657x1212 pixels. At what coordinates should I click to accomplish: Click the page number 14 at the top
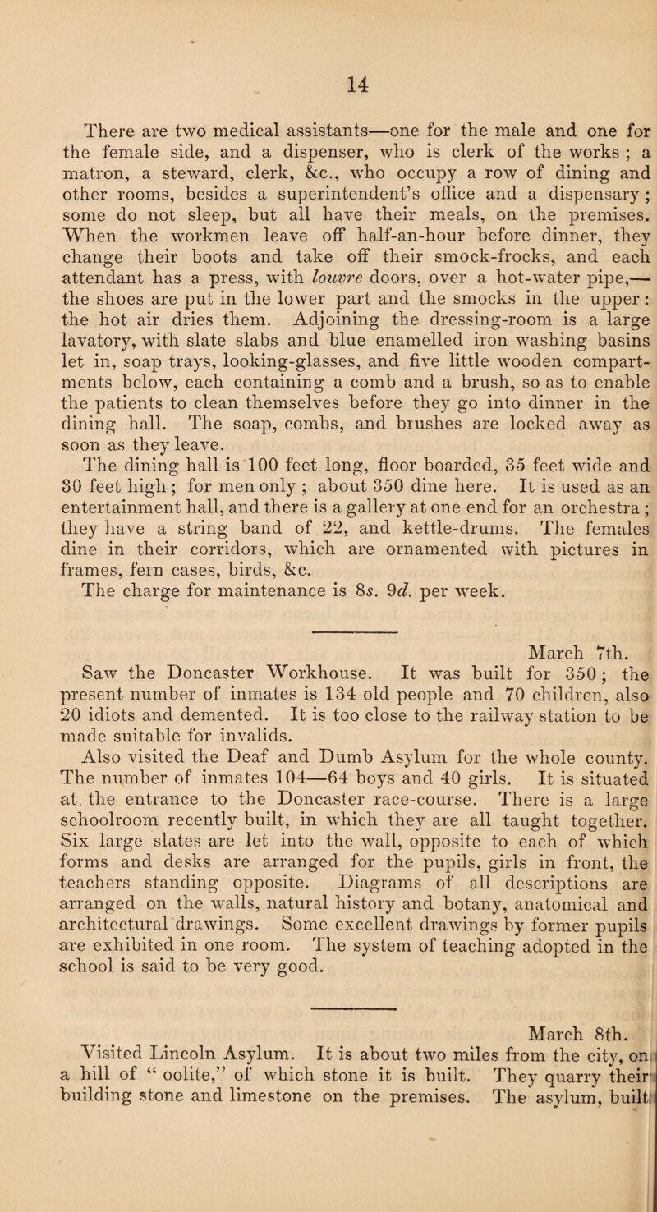[x=328, y=79]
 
